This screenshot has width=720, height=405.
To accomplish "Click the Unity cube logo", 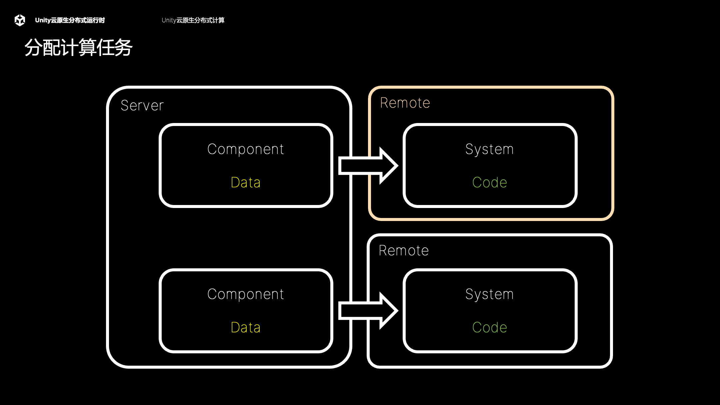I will (x=20, y=20).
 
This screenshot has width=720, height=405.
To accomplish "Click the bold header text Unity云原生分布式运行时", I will (x=70, y=20).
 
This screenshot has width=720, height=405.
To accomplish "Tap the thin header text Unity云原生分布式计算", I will (x=193, y=20).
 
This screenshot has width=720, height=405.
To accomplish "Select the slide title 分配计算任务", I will (x=78, y=47).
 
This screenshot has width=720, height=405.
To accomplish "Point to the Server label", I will (x=142, y=106).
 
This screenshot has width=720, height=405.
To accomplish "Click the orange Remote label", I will (x=405, y=103).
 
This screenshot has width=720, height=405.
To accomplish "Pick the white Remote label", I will (x=403, y=251).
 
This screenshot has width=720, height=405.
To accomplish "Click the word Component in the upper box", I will (x=245, y=149).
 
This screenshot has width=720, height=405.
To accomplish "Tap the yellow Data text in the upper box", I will (x=245, y=182).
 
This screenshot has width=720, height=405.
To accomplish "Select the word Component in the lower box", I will (x=245, y=294).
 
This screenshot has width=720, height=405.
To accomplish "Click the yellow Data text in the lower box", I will (x=245, y=327).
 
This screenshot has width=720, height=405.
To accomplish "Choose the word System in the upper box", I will (x=489, y=149).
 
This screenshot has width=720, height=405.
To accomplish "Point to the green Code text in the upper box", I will (x=489, y=182).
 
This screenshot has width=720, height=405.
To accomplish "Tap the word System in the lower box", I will (x=489, y=294).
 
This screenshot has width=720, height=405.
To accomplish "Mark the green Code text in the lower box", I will (x=489, y=327).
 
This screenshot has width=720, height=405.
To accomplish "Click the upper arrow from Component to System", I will (x=367, y=166).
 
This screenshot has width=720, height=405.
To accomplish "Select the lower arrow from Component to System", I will (x=367, y=311).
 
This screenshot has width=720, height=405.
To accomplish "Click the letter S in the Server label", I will (x=125, y=106).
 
